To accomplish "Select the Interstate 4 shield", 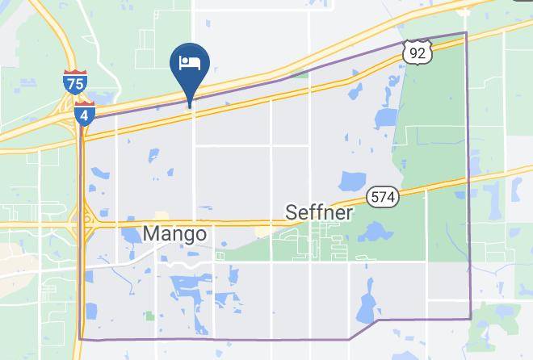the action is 84,113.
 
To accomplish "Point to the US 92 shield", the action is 418,51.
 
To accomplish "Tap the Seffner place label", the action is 319,212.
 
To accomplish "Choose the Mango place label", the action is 174,233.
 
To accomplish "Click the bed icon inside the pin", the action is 191,61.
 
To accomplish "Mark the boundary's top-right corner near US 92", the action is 466,33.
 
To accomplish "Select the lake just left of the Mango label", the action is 130,235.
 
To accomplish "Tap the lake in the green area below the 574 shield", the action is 374,232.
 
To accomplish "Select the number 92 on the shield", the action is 418,52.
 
